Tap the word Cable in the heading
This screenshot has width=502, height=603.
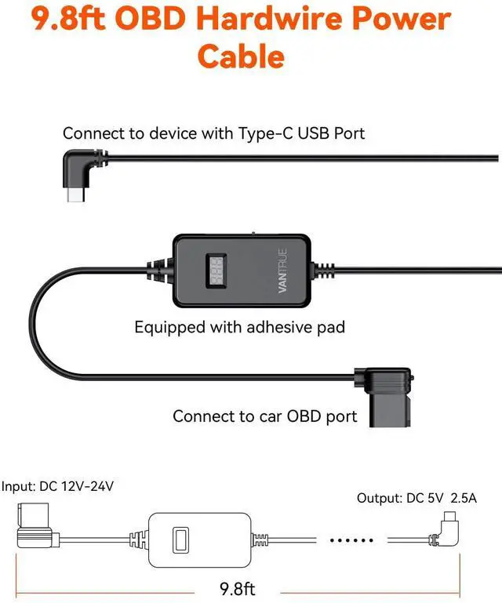coord(241,56)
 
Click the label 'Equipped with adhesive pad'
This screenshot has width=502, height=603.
coord(239,327)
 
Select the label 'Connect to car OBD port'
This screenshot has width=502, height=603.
coord(265,416)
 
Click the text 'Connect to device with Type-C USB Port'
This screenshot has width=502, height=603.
coord(213,133)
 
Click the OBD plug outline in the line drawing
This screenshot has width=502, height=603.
coord(35,529)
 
